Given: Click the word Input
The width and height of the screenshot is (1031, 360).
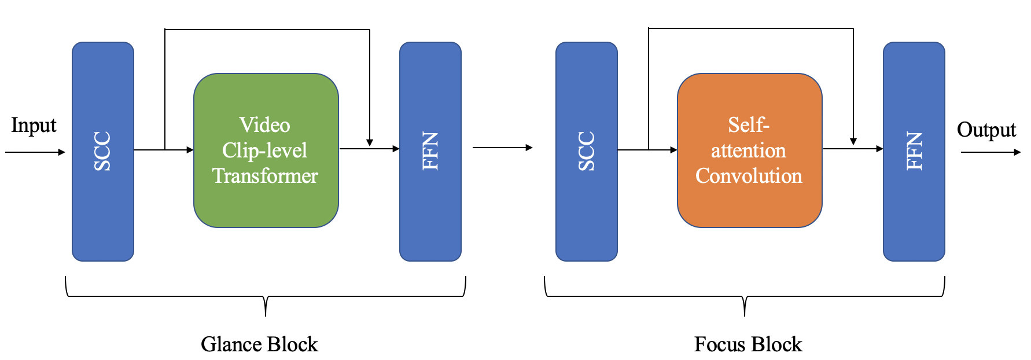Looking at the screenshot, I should coord(34,126).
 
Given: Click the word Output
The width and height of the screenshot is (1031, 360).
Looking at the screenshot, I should coord(986,130).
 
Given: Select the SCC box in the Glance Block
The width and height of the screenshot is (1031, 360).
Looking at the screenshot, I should coord(103,151).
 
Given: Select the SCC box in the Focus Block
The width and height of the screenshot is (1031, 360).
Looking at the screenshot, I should coord(586,151).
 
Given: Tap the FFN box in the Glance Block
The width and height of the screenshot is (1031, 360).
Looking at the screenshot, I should coord(430,151).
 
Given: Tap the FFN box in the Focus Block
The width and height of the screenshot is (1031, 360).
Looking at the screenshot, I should coord(914,151).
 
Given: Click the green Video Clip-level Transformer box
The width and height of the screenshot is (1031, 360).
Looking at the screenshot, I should coord(266,150).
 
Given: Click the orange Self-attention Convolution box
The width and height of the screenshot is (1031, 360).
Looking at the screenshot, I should coord(749,150).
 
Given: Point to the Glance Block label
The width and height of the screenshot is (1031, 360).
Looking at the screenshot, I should coord(259,344).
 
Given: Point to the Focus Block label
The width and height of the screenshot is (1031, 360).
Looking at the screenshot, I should coord(748,344).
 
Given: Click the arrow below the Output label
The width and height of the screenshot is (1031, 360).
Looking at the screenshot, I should coord(991,152).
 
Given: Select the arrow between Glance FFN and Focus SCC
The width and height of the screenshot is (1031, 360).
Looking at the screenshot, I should coord(502,148).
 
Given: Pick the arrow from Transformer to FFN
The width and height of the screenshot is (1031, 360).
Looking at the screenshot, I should coord(369,149).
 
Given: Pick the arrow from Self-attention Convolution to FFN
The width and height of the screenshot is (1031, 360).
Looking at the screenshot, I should coord(853,149).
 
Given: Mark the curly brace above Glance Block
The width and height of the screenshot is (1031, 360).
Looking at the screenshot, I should coord(266,296).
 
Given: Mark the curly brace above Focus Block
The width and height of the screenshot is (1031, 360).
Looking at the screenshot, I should coord(745,296).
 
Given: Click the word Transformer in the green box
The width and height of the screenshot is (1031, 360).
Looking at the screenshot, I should coord(265,176).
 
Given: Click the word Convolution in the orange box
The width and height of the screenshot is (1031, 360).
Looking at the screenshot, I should coord(749,176).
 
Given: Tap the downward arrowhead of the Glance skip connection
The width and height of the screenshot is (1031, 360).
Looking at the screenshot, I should coord(370,142).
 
